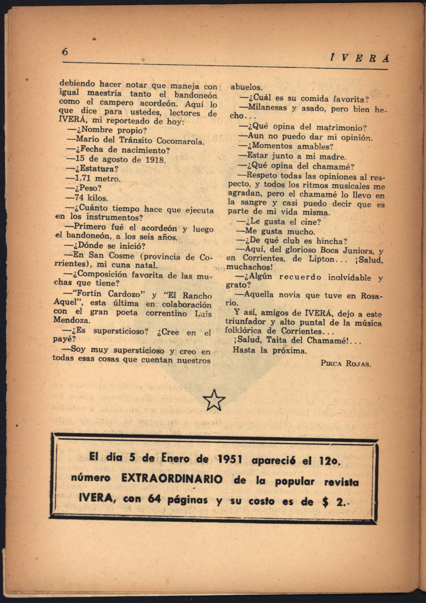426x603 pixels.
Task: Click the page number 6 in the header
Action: coord(65,52)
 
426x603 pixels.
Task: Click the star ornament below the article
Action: coord(214,400)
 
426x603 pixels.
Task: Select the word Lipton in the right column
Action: coord(321,259)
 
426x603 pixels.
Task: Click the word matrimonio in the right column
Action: coord(341,128)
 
